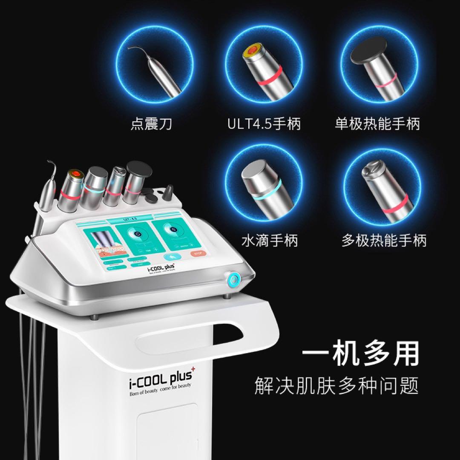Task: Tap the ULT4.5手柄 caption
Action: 264,124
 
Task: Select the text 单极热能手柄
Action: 377,124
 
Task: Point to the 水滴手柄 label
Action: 270,241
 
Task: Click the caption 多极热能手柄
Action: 384,241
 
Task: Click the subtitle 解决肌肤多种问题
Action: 336,385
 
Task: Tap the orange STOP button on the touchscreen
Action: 198,254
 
